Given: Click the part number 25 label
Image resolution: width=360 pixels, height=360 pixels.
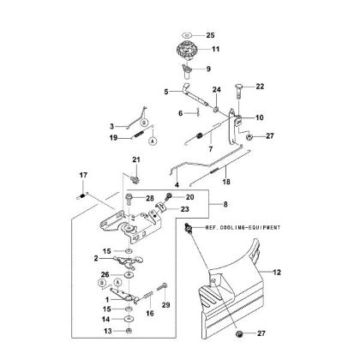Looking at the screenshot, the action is [210, 35].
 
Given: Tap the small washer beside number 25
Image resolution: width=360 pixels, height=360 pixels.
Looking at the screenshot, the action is [187, 35].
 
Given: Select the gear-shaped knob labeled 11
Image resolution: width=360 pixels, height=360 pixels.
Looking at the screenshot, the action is [187, 51].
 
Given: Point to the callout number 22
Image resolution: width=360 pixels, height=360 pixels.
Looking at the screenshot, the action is [260, 87].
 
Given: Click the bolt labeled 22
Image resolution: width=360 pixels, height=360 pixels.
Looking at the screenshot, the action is [238, 91].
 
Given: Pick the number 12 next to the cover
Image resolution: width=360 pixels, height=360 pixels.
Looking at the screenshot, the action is [277, 273].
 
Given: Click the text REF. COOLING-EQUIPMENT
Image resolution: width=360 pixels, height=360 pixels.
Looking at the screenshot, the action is [243, 228].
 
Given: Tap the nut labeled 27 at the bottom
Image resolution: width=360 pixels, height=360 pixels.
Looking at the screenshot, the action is [239, 333].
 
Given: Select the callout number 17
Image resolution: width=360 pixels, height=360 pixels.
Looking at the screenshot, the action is [83, 175].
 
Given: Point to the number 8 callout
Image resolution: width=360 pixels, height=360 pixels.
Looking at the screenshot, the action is [225, 205].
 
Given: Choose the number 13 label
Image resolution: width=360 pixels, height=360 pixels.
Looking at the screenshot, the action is [108, 331].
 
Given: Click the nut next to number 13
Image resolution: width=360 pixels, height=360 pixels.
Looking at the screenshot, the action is [129, 331].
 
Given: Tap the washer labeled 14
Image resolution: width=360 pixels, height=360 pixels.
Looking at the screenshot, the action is [129, 319].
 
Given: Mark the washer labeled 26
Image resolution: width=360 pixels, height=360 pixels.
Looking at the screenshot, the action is [129, 275].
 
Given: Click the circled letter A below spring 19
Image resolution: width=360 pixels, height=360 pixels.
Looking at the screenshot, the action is [153, 141].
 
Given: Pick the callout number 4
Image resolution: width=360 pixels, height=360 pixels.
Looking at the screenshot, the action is [177, 185].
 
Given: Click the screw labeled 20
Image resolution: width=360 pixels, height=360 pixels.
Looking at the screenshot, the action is [168, 196].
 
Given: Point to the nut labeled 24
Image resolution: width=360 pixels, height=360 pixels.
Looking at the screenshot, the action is [216, 109].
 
